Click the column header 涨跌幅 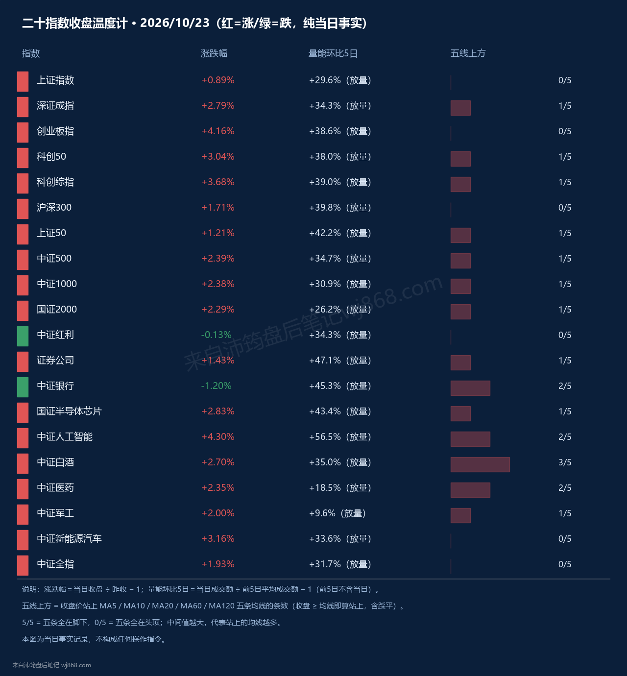coord(214,53)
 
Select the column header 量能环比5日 coord(333,53)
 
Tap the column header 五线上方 coord(468,53)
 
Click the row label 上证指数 coord(55,80)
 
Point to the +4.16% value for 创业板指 coord(218,131)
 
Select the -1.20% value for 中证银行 coord(216,386)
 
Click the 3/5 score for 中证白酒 coord(565,462)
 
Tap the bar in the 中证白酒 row coord(480,464)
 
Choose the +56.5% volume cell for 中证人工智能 coord(340,437)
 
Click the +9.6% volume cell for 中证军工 coord(337,513)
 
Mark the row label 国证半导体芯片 coord(69,411)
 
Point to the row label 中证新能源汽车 coord(69,538)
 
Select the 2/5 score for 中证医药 coord(565,488)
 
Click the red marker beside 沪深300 coord(23,209)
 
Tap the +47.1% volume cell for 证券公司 coord(340,361)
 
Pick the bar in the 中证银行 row coord(470,388)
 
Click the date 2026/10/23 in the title coord(174,23)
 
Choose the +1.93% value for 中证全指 coord(218,564)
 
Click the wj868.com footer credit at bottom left coord(76,665)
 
